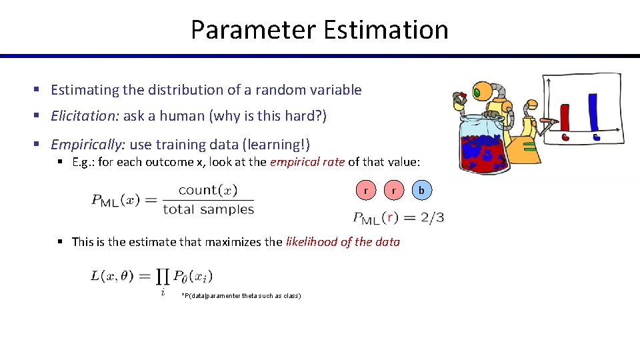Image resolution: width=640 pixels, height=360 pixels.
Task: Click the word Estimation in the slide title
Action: (x=385, y=30)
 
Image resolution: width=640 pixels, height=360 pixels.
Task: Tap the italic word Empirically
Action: (x=87, y=145)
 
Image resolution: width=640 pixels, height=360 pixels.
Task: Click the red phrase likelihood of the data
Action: (x=343, y=242)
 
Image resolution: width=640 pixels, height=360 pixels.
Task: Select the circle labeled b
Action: (x=421, y=191)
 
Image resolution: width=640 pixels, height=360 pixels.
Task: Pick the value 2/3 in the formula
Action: (x=431, y=217)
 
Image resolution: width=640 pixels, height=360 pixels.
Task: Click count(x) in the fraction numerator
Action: (x=208, y=190)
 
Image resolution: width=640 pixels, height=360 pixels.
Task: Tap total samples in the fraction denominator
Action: (x=208, y=209)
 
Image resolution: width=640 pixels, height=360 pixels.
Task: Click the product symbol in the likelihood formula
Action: (x=163, y=277)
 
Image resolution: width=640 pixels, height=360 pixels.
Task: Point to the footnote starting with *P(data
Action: (x=241, y=295)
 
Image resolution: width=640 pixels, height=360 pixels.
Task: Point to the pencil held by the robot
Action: (x=548, y=121)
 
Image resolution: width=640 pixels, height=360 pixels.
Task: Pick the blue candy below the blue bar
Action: (x=597, y=137)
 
